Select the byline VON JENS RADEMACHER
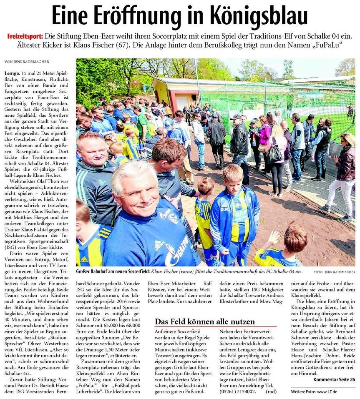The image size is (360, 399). pos(27,62)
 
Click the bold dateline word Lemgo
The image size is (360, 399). pos(13,73)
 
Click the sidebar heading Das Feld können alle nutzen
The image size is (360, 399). pos(204,321)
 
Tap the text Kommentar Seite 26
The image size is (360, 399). pos(334,379)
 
